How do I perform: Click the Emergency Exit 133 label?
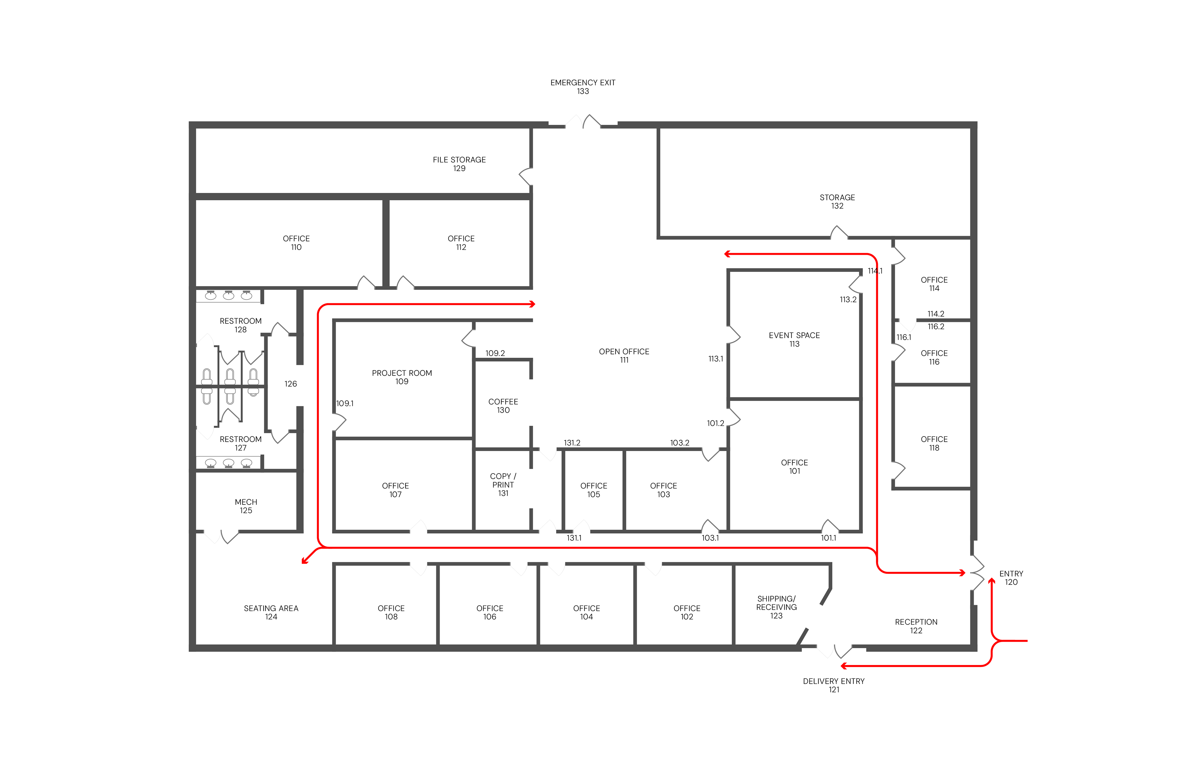click(x=583, y=87)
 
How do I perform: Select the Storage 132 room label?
click(x=837, y=202)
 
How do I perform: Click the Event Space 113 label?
click(x=794, y=340)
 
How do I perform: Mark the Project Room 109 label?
click(x=402, y=377)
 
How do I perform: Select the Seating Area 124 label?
click(x=271, y=613)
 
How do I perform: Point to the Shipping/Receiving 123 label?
click(x=776, y=607)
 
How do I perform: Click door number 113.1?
click(x=715, y=359)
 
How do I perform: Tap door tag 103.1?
click(x=710, y=538)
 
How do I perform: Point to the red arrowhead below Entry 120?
click(x=992, y=581)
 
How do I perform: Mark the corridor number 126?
click(x=290, y=384)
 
